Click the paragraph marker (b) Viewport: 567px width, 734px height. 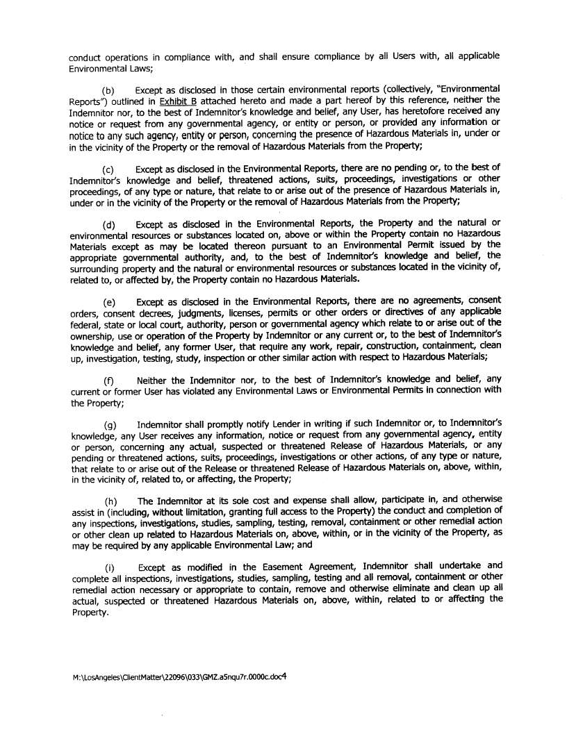click(108, 91)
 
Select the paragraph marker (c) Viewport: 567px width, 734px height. click(108, 169)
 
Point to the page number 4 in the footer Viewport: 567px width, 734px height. click(285, 674)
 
